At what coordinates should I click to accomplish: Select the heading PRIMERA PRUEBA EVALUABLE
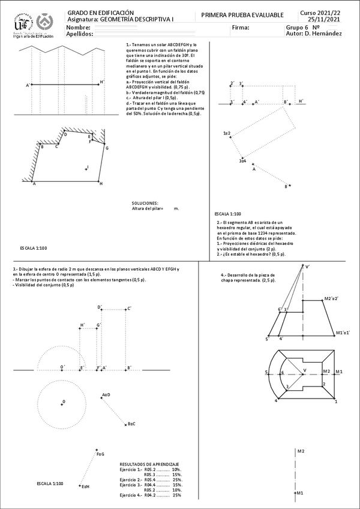click(242, 14)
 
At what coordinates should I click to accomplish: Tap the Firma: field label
click(239, 28)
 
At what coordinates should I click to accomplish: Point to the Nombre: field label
click(79, 28)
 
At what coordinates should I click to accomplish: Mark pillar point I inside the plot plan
click(87, 168)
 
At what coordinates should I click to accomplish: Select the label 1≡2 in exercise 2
click(227, 133)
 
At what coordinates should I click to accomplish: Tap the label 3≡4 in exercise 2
click(243, 160)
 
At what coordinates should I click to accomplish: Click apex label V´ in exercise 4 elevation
click(308, 267)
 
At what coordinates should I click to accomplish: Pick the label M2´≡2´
click(331, 298)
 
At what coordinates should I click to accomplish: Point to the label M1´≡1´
click(343, 332)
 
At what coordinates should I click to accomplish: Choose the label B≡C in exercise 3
click(131, 424)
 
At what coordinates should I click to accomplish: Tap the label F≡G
click(100, 454)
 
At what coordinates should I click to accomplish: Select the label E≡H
click(85, 486)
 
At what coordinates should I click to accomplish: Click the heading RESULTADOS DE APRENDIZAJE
click(149, 465)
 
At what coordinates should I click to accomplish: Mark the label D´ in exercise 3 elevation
click(100, 307)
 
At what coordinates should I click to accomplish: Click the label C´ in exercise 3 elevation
click(128, 309)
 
